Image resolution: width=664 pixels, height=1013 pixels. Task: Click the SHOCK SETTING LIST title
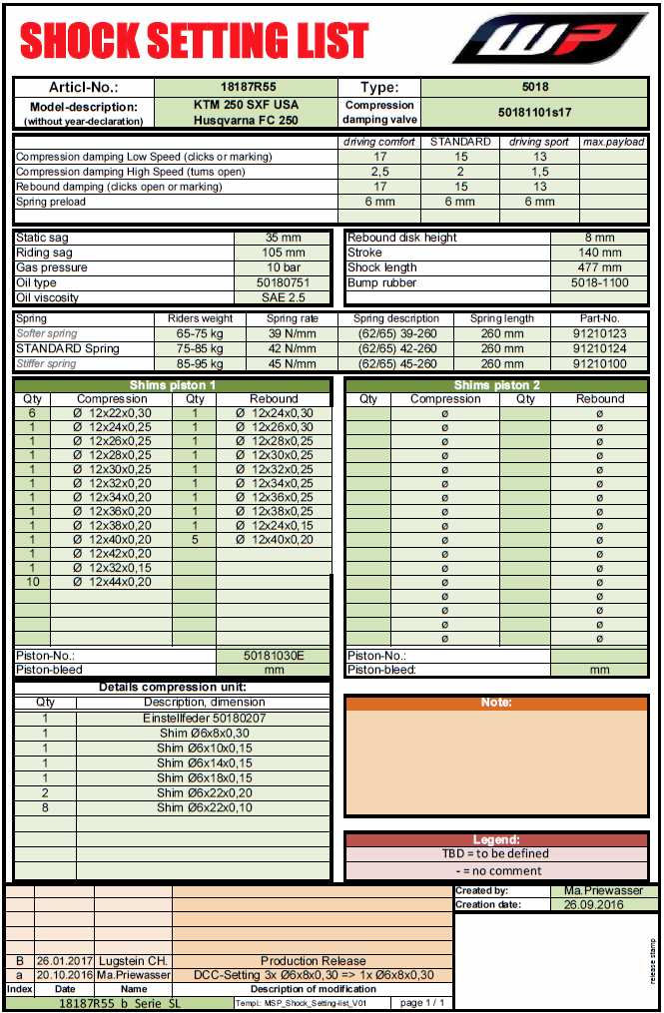tap(195, 41)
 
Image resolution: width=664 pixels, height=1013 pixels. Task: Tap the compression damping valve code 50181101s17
tap(534, 113)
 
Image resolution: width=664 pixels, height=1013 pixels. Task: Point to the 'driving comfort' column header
tap(379, 142)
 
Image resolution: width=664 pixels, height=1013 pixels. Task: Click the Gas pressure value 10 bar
tap(284, 267)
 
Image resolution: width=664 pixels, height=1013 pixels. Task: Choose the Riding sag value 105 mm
tap(284, 253)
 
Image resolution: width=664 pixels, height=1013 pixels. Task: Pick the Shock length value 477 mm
tap(599, 267)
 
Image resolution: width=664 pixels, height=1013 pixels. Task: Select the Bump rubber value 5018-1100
tap(599, 282)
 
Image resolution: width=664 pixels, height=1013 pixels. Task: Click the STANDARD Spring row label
tap(67, 348)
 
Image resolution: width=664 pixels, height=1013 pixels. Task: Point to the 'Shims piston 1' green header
tap(172, 385)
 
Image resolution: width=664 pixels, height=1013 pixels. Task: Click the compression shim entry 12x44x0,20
tap(112, 582)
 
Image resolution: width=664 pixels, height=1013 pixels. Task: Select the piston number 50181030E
tap(274, 656)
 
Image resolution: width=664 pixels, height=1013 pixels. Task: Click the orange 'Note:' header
tap(496, 703)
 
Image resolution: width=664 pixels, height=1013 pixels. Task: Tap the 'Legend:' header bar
tap(496, 840)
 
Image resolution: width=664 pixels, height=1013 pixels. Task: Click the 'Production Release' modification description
tap(314, 961)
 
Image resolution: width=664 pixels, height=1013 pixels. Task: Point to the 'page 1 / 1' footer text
tap(421, 1003)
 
